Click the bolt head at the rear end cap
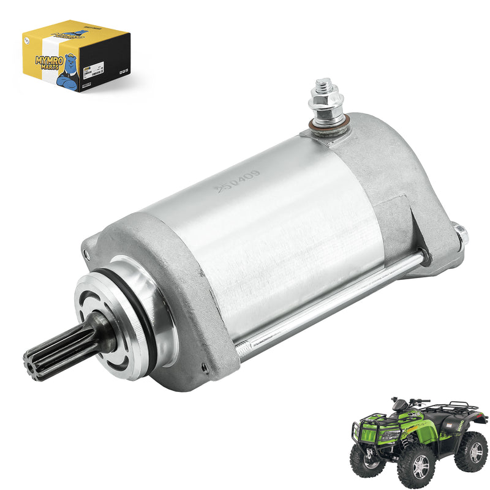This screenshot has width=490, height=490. point(461,233)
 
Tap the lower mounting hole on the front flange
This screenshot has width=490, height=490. point(203,367)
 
